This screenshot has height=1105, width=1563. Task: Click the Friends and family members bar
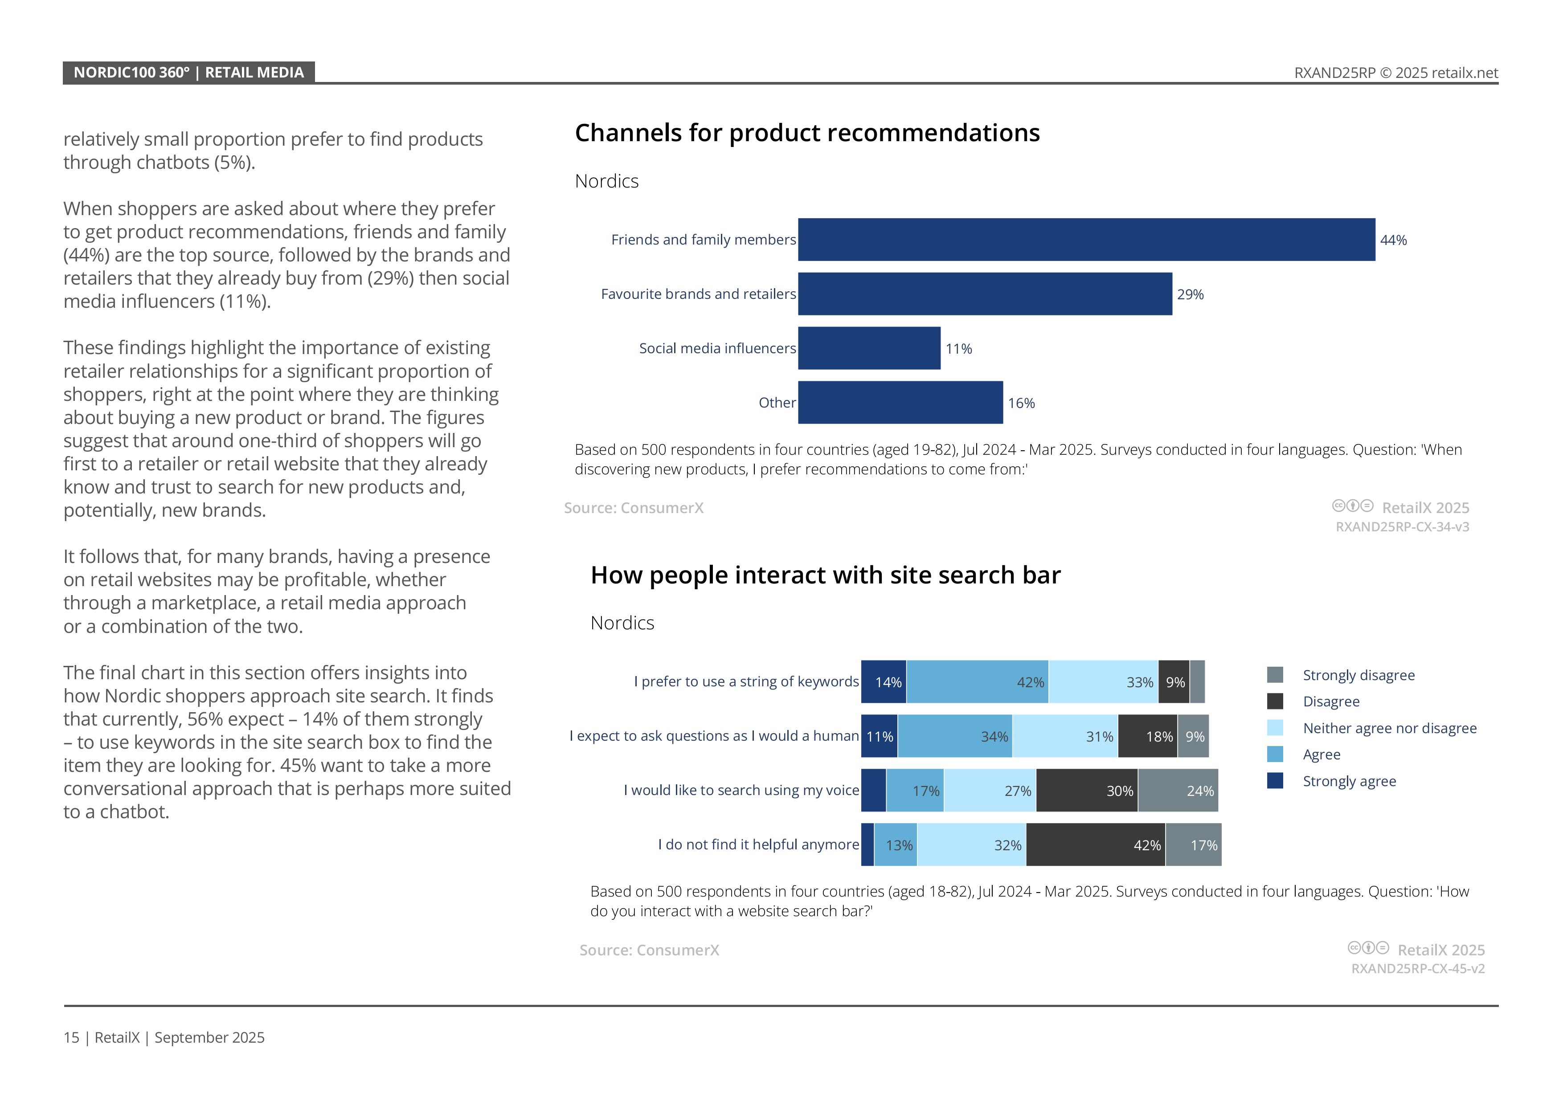click(x=1086, y=240)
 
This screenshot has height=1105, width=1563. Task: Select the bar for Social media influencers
click(x=869, y=348)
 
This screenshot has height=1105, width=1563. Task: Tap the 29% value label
click(x=1190, y=294)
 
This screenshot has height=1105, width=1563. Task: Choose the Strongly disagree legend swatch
click(x=1275, y=675)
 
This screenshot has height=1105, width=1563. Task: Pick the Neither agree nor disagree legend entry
click(x=1389, y=728)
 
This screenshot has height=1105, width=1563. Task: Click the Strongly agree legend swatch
click(x=1275, y=781)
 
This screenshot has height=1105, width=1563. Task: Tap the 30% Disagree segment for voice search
click(x=1086, y=791)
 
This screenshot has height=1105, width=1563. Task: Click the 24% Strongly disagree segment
click(x=1178, y=791)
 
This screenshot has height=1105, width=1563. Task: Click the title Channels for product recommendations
click(x=807, y=133)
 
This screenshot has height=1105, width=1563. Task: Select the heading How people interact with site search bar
click(x=825, y=575)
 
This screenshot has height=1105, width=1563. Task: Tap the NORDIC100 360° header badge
click(x=188, y=73)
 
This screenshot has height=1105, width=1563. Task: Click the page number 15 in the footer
click(x=71, y=1038)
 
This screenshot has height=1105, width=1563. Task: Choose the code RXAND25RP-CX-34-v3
click(x=1402, y=526)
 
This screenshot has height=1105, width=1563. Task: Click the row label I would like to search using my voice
click(x=741, y=790)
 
